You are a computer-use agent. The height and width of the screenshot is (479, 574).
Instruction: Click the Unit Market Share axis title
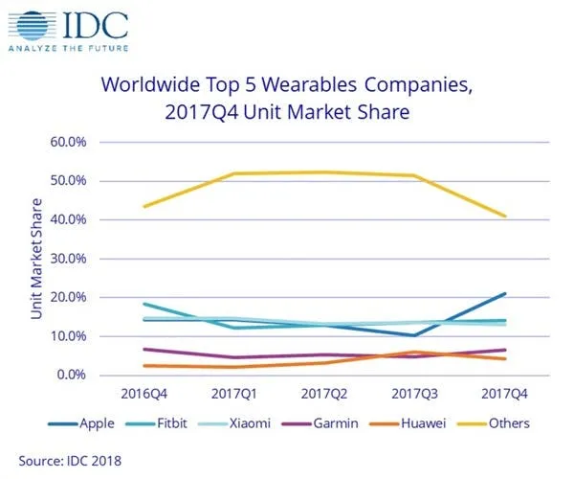[36, 259]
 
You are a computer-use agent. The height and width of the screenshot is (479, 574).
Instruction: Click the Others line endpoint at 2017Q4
[505, 216]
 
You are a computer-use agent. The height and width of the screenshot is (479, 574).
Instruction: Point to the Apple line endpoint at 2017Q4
[505, 294]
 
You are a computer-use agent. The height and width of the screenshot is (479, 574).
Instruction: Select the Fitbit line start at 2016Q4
[143, 304]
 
